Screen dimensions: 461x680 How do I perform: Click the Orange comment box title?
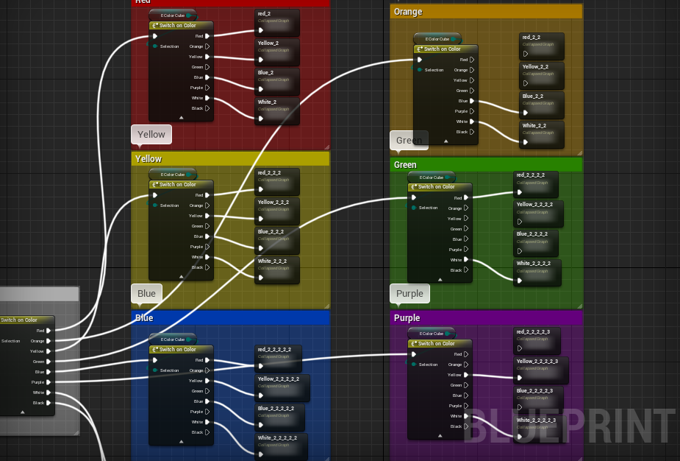(x=408, y=12)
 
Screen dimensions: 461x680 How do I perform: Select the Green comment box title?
(x=405, y=165)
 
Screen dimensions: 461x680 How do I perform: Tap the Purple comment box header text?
(x=407, y=318)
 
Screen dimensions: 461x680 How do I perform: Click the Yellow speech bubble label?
(x=151, y=135)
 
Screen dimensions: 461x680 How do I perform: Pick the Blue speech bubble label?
(x=146, y=293)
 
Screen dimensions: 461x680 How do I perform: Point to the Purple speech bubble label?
(x=409, y=293)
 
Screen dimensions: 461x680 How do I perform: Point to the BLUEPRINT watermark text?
(x=569, y=426)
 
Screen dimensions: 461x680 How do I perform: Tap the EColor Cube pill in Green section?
(x=432, y=177)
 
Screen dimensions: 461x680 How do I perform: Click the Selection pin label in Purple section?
(x=428, y=365)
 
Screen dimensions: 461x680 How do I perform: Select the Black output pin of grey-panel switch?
(x=49, y=403)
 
